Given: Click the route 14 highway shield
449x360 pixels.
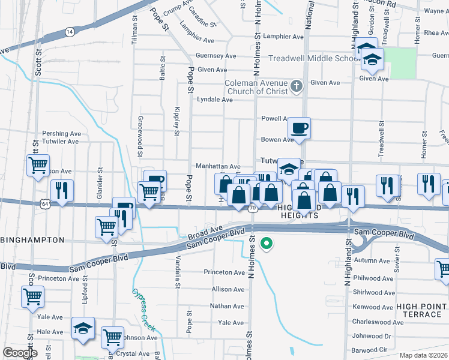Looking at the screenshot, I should click(x=70, y=31).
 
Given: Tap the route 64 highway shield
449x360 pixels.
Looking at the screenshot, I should click(x=46, y=204).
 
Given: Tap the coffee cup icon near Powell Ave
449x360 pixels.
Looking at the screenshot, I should click(x=299, y=127).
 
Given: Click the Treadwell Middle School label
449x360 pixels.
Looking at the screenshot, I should click(x=313, y=59).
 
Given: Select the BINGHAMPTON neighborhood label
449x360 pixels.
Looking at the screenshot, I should click(x=32, y=240).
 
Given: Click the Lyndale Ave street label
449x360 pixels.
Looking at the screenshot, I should click(x=214, y=100).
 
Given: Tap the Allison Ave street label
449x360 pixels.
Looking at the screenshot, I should click(x=228, y=289).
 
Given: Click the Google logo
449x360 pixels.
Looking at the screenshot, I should click(x=20, y=353).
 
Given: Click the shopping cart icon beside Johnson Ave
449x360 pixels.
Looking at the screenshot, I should click(x=112, y=337).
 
